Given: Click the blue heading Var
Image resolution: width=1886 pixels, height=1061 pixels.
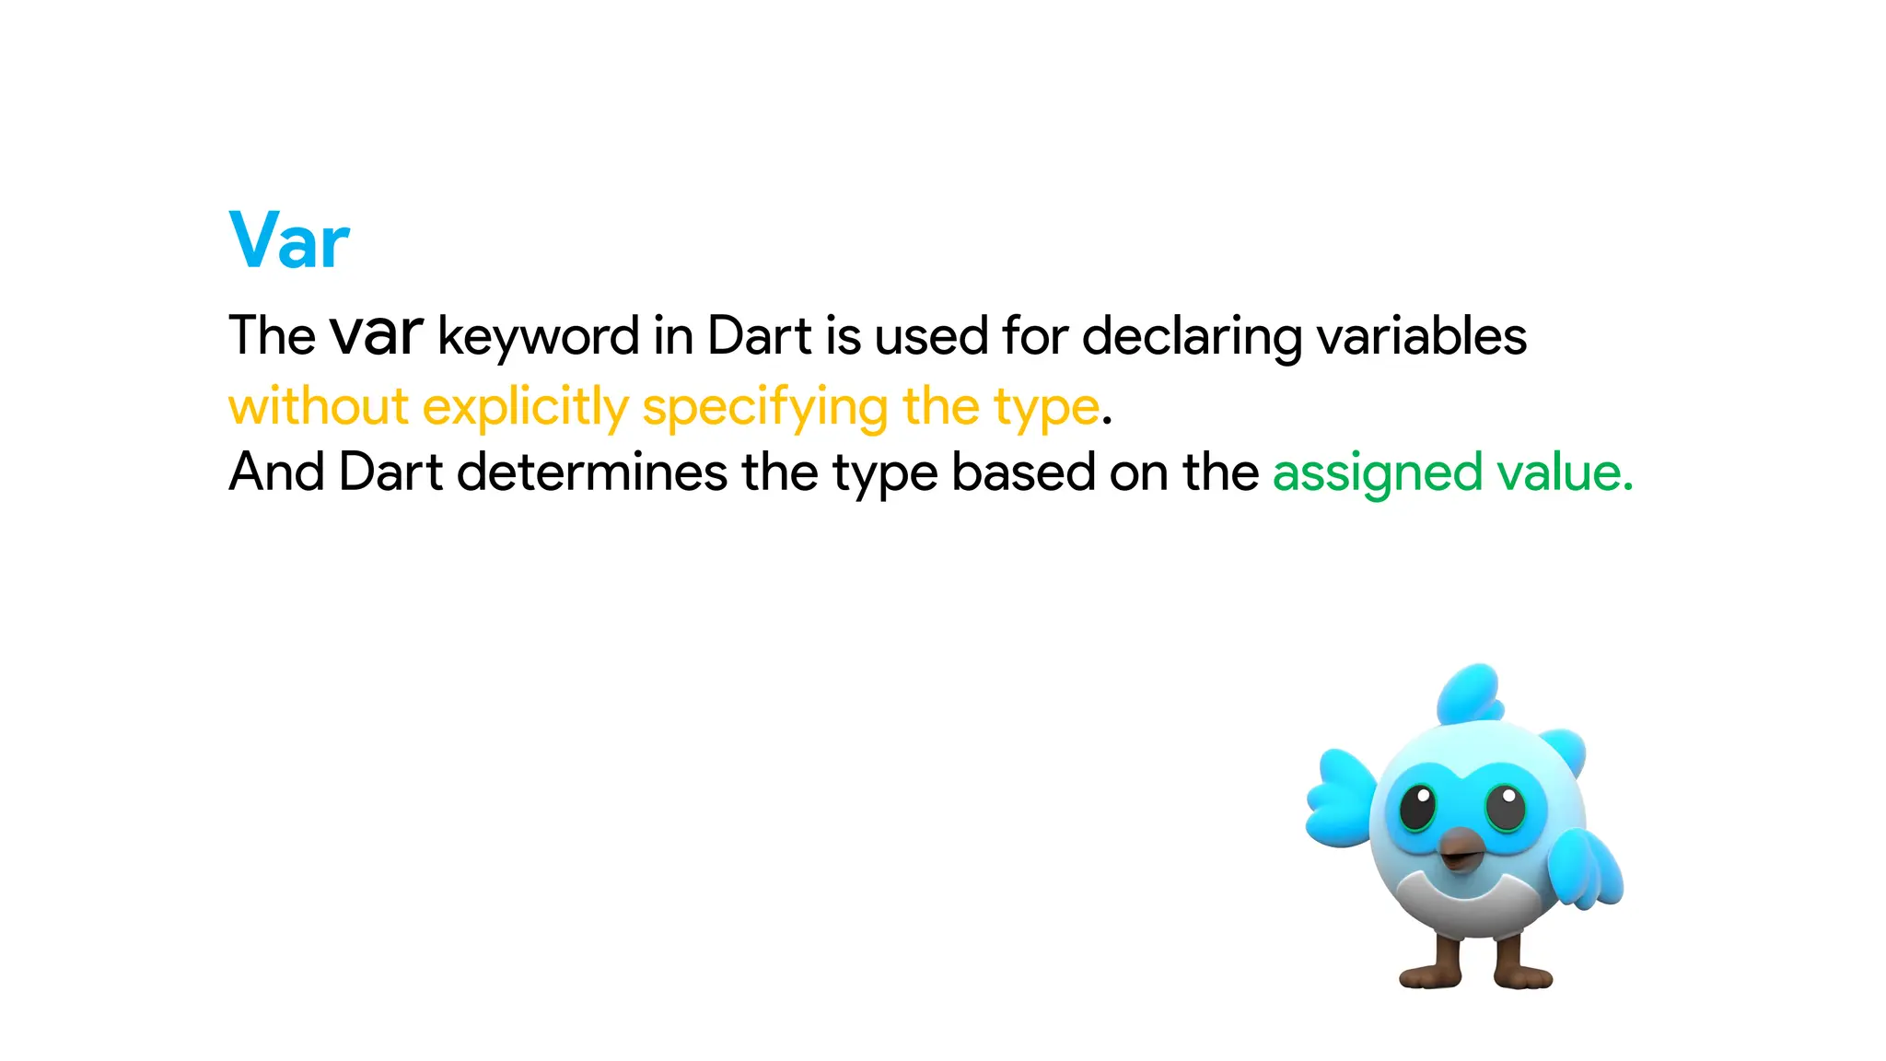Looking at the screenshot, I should click(x=289, y=240).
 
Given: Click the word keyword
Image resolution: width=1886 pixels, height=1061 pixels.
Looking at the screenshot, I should click(x=538, y=336).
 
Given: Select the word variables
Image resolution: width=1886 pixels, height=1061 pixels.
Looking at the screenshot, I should click(x=1421, y=336).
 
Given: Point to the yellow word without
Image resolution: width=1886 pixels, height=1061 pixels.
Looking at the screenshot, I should click(x=318, y=406).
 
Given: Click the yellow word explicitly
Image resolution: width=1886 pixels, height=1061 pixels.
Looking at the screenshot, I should click(x=526, y=406).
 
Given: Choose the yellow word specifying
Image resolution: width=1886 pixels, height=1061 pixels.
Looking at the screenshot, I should click(x=764, y=406).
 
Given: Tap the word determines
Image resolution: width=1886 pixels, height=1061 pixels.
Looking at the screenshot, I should click(x=591, y=472).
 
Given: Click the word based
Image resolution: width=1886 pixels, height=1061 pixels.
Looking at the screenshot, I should click(x=1023, y=472).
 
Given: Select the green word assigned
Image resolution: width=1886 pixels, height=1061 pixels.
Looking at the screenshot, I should click(x=1377, y=474).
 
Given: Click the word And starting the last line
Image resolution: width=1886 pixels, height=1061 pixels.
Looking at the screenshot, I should click(x=275, y=472).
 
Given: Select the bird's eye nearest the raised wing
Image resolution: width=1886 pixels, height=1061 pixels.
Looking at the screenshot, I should click(x=1417, y=807).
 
